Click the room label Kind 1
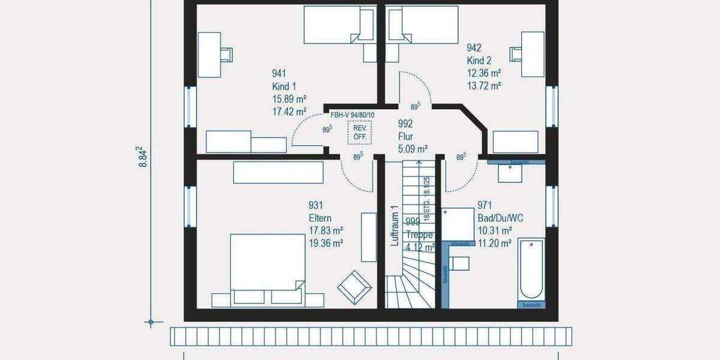click(x=284, y=86)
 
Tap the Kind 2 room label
click(x=479, y=61)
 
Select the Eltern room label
click(x=320, y=218)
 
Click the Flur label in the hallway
click(x=406, y=137)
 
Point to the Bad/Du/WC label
click(x=500, y=218)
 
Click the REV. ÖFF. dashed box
click(x=360, y=132)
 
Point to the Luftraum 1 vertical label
click(x=394, y=226)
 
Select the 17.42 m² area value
click(x=289, y=112)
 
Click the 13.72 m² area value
click(x=484, y=86)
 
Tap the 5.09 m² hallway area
click(x=412, y=149)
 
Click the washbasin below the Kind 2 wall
click(x=510, y=173)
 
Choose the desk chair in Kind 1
click(x=226, y=54)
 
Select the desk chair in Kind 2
click(x=516, y=54)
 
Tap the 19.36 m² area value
click(x=325, y=244)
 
